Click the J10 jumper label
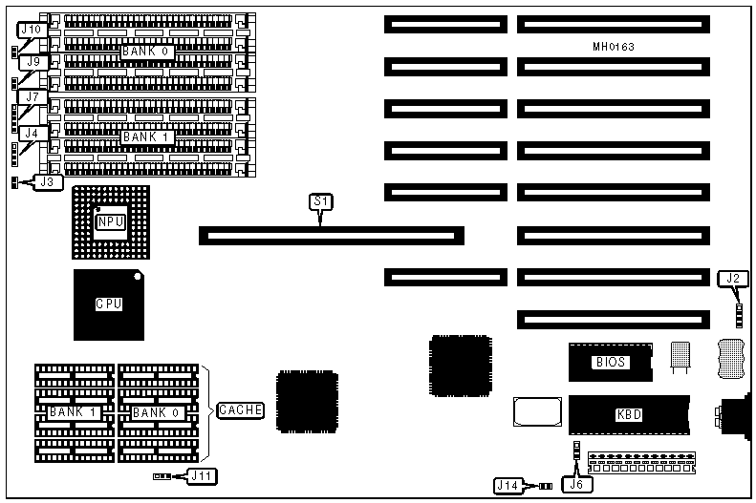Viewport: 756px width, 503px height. [x=32, y=31]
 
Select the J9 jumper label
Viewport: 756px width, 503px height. [x=32, y=63]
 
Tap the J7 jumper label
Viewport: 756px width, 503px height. [x=32, y=97]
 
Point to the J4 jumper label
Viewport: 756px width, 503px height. [x=32, y=134]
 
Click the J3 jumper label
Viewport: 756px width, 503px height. [x=47, y=180]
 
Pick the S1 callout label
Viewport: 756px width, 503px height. [x=320, y=201]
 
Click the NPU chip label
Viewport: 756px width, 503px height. [x=110, y=222]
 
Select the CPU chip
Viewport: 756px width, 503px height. [x=109, y=304]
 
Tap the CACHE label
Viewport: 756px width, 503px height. [x=241, y=410]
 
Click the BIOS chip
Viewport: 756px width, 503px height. [x=610, y=363]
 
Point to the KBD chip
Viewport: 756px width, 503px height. [x=628, y=415]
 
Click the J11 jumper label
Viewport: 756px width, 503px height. [x=200, y=474]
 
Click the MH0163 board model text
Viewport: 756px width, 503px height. [x=614, y=46]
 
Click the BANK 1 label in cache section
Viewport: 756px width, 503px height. [x=75, y=412]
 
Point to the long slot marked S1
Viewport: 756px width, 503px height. [x=331, y=236]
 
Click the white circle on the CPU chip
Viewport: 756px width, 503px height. [x=139, y=278]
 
